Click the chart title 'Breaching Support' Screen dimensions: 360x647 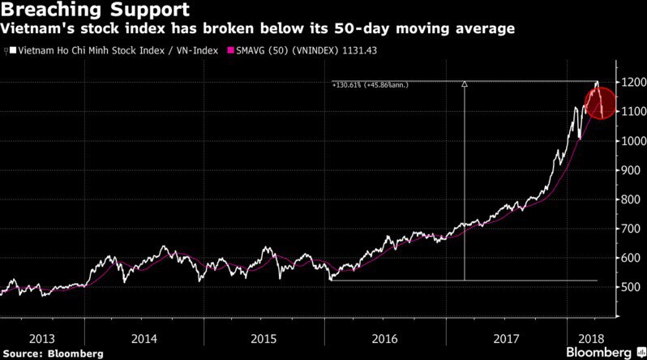click(x=95, y=11)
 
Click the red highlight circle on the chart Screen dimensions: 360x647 click(x=602, y=104)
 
